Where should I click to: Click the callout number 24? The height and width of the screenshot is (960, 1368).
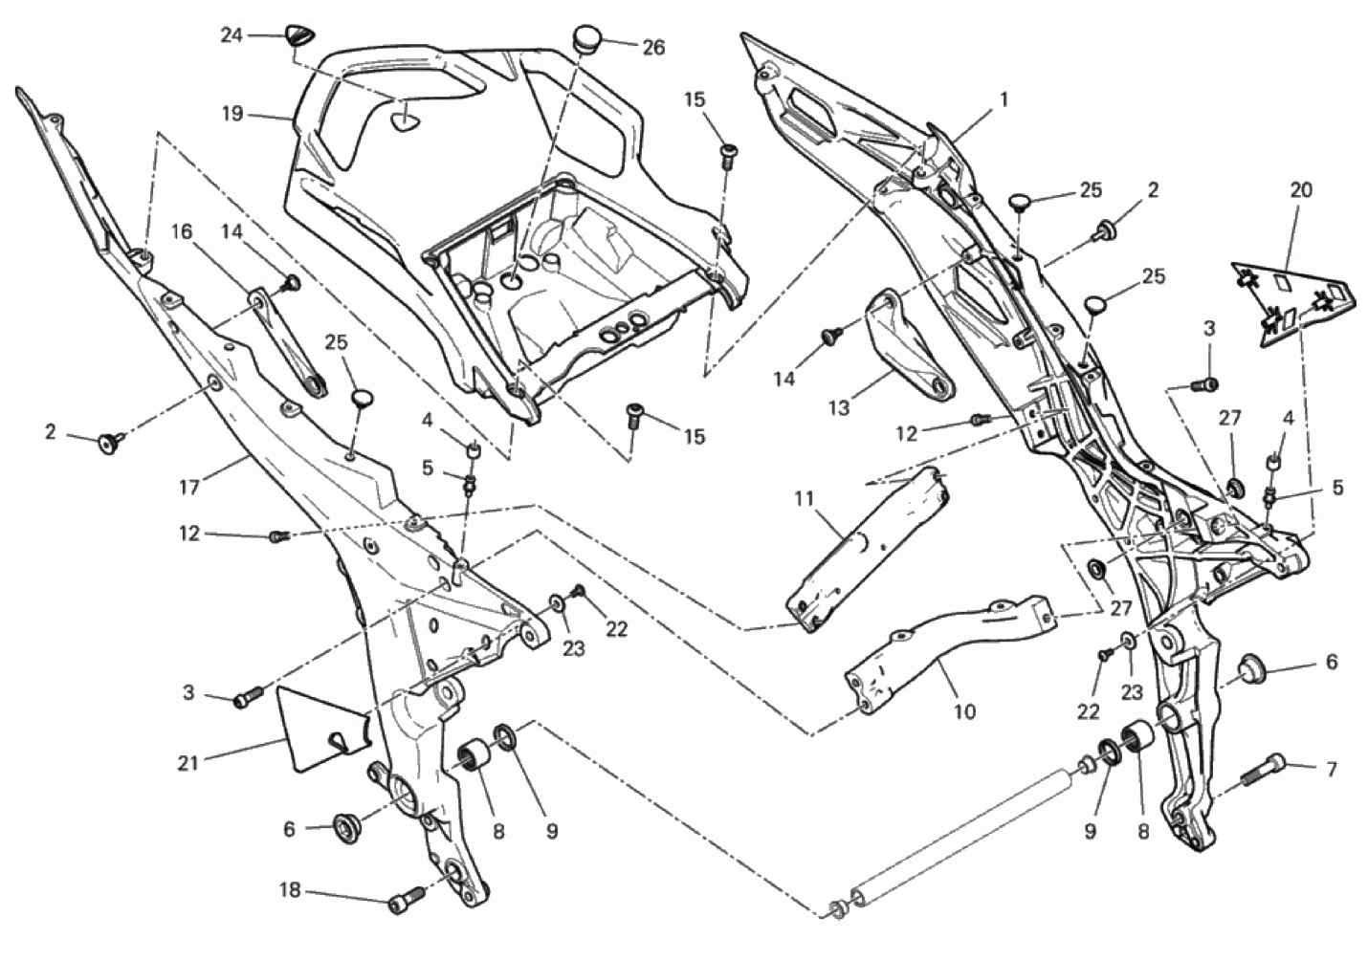[232, 35]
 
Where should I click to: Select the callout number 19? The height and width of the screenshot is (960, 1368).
[233, 115]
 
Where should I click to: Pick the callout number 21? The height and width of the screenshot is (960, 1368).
[188, 762]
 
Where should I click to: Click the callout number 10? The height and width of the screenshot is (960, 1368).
[964, 711]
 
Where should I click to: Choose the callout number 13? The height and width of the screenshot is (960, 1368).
[837, 408]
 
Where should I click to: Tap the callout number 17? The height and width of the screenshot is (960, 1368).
[188, 488]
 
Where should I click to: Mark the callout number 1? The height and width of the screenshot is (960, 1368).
[1004, 98]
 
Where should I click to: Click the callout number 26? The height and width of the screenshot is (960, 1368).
[653, 47]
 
